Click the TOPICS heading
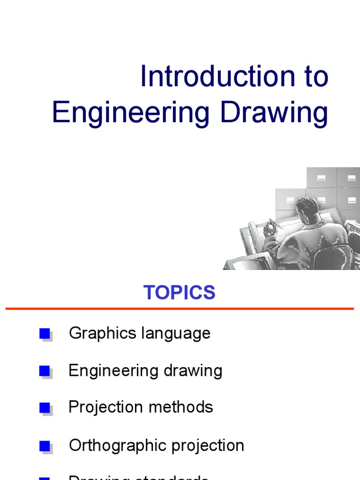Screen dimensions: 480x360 click(180, 292)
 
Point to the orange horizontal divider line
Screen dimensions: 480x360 click(180, 308)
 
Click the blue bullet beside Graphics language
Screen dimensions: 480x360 click(45, 334)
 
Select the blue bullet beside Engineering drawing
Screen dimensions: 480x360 click(45, 371)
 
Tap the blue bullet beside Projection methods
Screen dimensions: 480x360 click(45, 408)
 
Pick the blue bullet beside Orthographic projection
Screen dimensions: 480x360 click(45, 445)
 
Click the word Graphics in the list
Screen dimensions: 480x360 click(96, 334)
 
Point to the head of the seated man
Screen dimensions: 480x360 click(307, 206)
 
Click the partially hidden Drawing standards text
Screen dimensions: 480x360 click(139, 477)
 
